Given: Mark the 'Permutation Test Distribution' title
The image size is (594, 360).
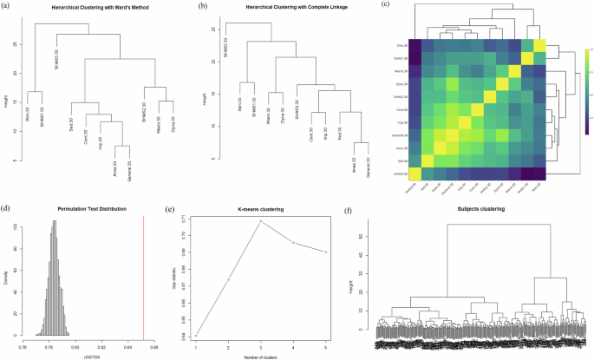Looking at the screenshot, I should tap(91, 208).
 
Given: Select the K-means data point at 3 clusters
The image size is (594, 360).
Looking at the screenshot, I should tap(259, 221).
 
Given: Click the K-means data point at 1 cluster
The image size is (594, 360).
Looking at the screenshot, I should tap(196, 335).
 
